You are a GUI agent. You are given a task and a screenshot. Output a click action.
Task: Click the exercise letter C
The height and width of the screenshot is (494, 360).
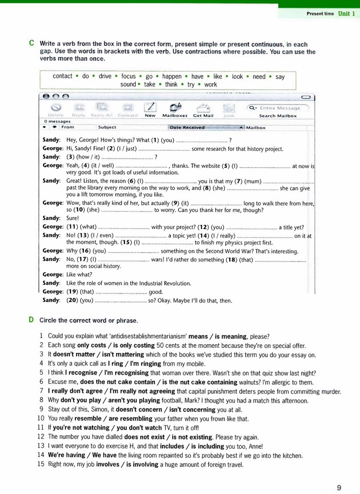[32, 44]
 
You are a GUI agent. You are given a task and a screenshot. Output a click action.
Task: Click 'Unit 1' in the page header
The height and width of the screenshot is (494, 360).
[346, 13]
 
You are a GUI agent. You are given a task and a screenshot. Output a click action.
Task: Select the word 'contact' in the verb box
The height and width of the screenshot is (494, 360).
[63, 76]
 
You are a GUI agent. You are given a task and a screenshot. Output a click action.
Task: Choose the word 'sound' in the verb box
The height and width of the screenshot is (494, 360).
[129, 84]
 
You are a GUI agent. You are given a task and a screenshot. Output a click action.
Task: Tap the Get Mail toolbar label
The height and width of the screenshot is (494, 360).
[203, 116]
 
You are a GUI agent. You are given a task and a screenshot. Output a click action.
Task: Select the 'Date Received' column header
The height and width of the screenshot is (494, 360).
[187, 127]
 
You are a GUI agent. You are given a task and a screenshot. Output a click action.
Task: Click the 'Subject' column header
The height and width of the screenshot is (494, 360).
[107, 127]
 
